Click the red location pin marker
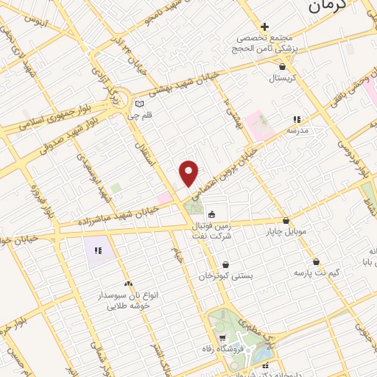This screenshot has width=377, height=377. click(x=190, y=173)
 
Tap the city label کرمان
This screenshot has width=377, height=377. click(x=325, y=8)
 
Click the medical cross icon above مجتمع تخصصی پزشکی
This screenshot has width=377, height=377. click(x=264, y=27)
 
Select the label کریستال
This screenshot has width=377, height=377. click(x=280, y=77)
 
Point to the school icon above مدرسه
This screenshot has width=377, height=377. click(x=297, y=119)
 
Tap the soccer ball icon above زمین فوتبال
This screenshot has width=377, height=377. click(x=212, y=214)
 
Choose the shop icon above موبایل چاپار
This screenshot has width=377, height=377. click(x=286, y=220)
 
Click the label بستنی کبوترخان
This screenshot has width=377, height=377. click(x=225, y=275)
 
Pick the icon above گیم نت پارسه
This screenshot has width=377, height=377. click(x=316, y=261)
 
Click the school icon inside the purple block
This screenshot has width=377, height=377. click(x=97, y=251)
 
